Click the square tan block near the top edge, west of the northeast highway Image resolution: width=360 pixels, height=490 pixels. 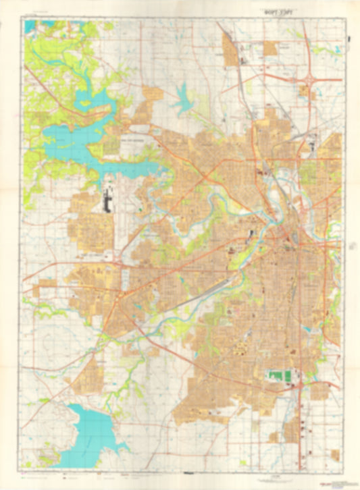click(271, 48)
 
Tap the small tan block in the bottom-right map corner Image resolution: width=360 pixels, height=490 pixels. click(335, 456)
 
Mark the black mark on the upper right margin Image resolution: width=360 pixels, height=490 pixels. click(349, 39)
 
